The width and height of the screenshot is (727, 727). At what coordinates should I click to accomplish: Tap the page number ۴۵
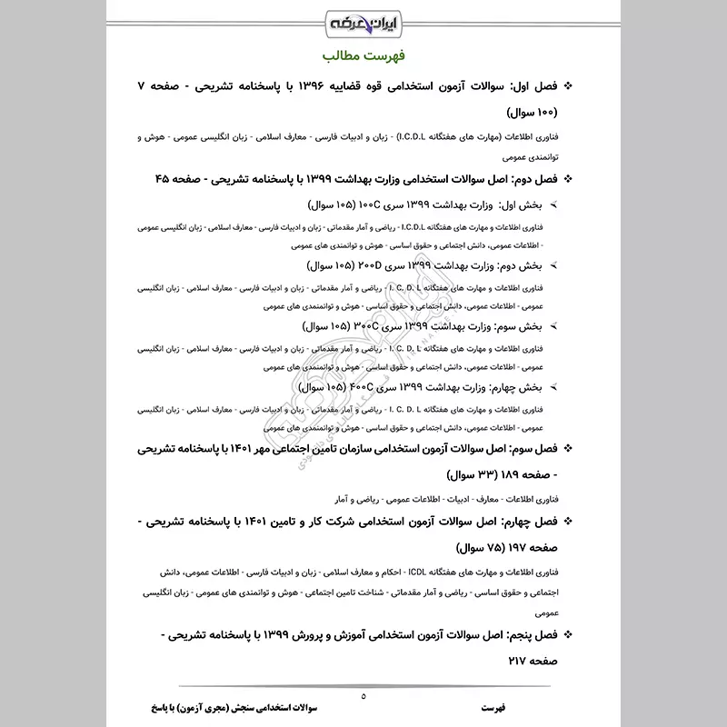pos(164,179)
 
